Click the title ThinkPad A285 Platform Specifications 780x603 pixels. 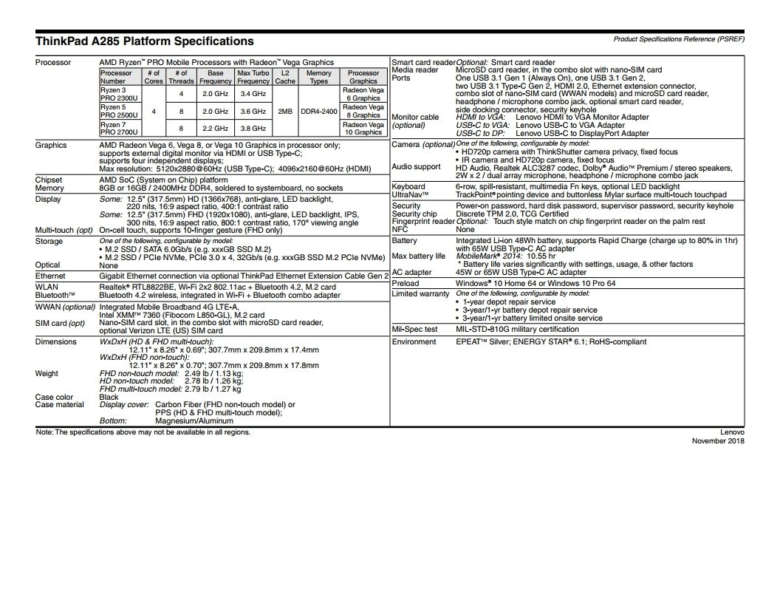(144, 41)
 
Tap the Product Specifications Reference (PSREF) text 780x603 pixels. (679, 38)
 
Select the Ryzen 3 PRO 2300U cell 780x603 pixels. (115, 94)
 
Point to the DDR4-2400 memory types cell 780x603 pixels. (318, 111)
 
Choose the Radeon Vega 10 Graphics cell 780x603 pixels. (363, 129)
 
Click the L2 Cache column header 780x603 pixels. (285, 77)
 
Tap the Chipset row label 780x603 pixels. (49, 180)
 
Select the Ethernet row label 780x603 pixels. (50, 276)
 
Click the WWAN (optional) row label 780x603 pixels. (66, 307)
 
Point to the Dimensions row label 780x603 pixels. (55, 341)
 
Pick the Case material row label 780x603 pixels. (60, 404)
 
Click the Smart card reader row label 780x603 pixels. (423, 63)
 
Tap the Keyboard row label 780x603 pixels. (408, 187)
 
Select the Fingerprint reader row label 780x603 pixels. (423, 222)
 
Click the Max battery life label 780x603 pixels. (418, 256)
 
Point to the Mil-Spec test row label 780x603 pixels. (414, 329)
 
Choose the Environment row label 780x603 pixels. (414, 341)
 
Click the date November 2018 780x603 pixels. (718, 441)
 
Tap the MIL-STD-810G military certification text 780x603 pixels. (517, 329)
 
